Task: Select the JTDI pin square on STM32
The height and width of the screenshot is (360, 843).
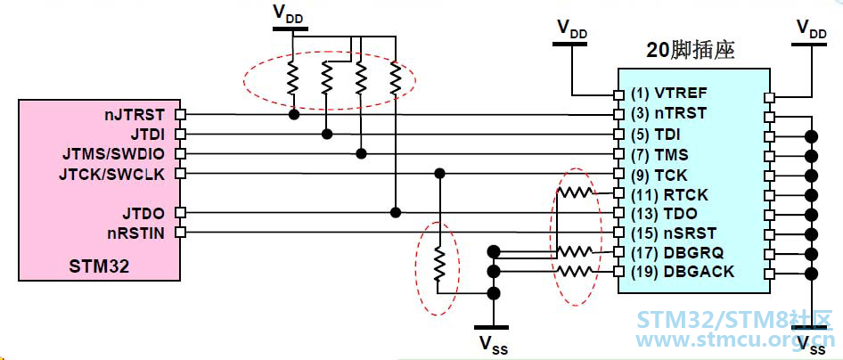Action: click(181, 134)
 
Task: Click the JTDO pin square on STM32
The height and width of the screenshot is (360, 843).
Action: click(181, 213)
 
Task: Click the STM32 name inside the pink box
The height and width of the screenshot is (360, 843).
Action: click(99, 266)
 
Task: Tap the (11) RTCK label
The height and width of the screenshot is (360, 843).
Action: click(670, 194)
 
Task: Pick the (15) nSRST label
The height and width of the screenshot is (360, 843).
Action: click(674, 233)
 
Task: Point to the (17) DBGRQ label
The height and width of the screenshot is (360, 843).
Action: click(677, 252)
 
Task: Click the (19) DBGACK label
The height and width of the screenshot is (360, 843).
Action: click(683, 272)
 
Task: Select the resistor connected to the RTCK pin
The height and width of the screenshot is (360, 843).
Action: click(575, 192)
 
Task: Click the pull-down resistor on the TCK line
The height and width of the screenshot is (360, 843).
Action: click(440, 264)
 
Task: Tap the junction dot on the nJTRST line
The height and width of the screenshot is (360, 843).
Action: click(293, 114)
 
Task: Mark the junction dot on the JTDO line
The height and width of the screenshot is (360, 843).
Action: click(396, 212)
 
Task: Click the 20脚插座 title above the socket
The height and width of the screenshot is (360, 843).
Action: click(691, 51)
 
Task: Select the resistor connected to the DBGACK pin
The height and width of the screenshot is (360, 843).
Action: click(575, 271)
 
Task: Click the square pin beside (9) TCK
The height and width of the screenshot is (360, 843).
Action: click(618, 174)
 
